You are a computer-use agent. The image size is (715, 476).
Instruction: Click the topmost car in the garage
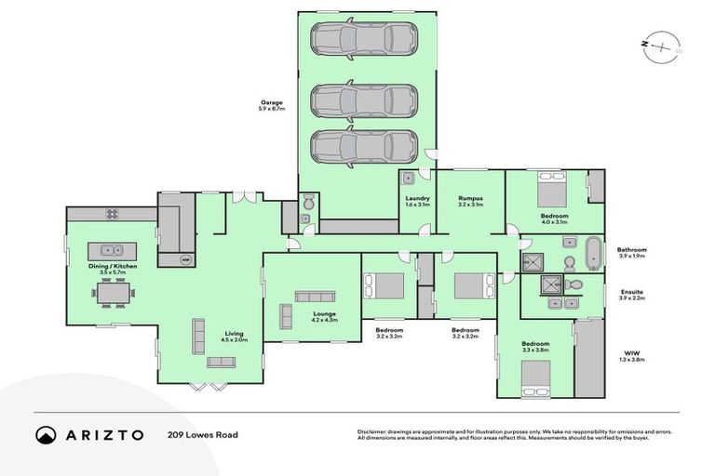tap(364, 39)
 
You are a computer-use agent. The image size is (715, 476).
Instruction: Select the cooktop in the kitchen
tap(112, 214)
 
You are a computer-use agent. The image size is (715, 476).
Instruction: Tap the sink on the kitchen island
tap(112, 250)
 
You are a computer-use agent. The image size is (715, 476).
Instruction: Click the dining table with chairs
tap(113, 294)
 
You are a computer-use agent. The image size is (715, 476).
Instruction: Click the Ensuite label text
tap(630, 291)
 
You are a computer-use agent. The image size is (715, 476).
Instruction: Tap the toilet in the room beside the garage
tap(310, 201)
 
